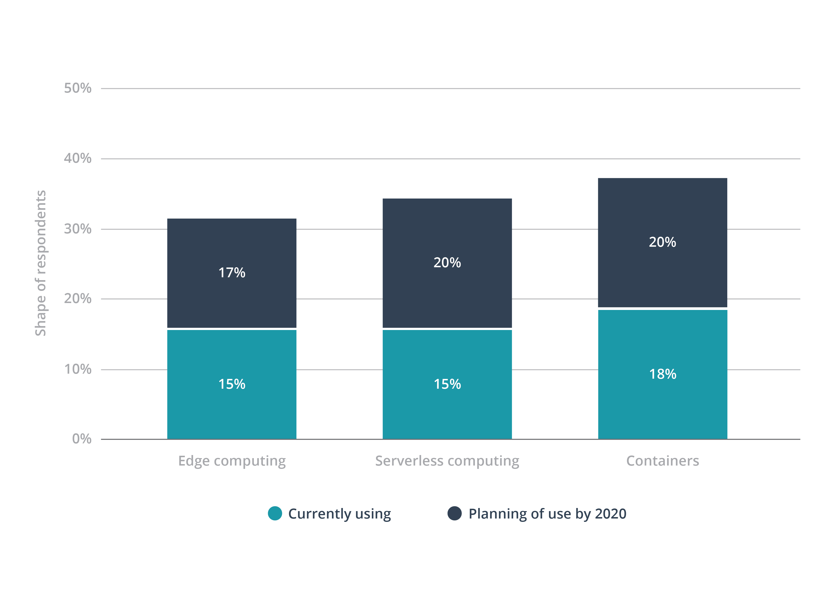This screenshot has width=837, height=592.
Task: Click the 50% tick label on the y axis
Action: tap(78, 88)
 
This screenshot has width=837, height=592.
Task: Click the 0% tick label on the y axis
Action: tap(82, 439)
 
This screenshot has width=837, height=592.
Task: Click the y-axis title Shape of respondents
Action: tap(41, 263)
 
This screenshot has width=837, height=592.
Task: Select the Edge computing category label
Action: tap(232, 461)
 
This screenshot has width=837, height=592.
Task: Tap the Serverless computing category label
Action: tap(447, 461)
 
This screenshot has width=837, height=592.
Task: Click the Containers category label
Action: tap(662, 461)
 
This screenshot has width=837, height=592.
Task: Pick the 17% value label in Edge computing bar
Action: tap(232, 273)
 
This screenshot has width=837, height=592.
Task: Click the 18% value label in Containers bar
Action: tap(662, 374)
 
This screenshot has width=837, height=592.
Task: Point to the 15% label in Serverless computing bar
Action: tap(447, 384)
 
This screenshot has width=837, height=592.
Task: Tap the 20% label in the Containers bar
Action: tap(662, 242)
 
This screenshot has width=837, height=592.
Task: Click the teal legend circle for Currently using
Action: tap(275, 513)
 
